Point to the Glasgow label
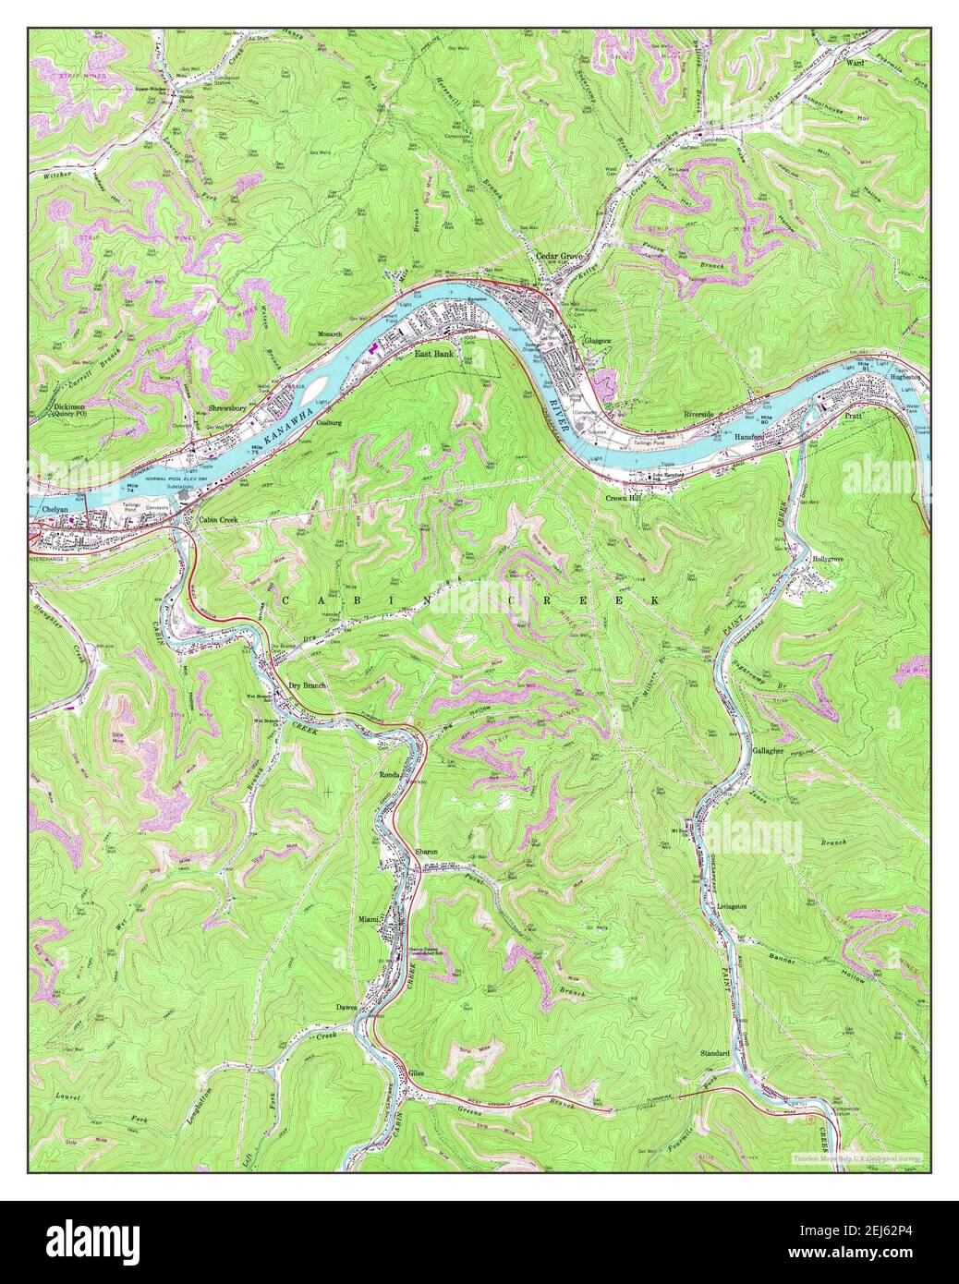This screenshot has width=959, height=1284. pos(598,341)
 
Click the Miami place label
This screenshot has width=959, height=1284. pos(370,920)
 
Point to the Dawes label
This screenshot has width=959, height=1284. pos(347,1007)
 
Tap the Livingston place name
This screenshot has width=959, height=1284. pos(732,906)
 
